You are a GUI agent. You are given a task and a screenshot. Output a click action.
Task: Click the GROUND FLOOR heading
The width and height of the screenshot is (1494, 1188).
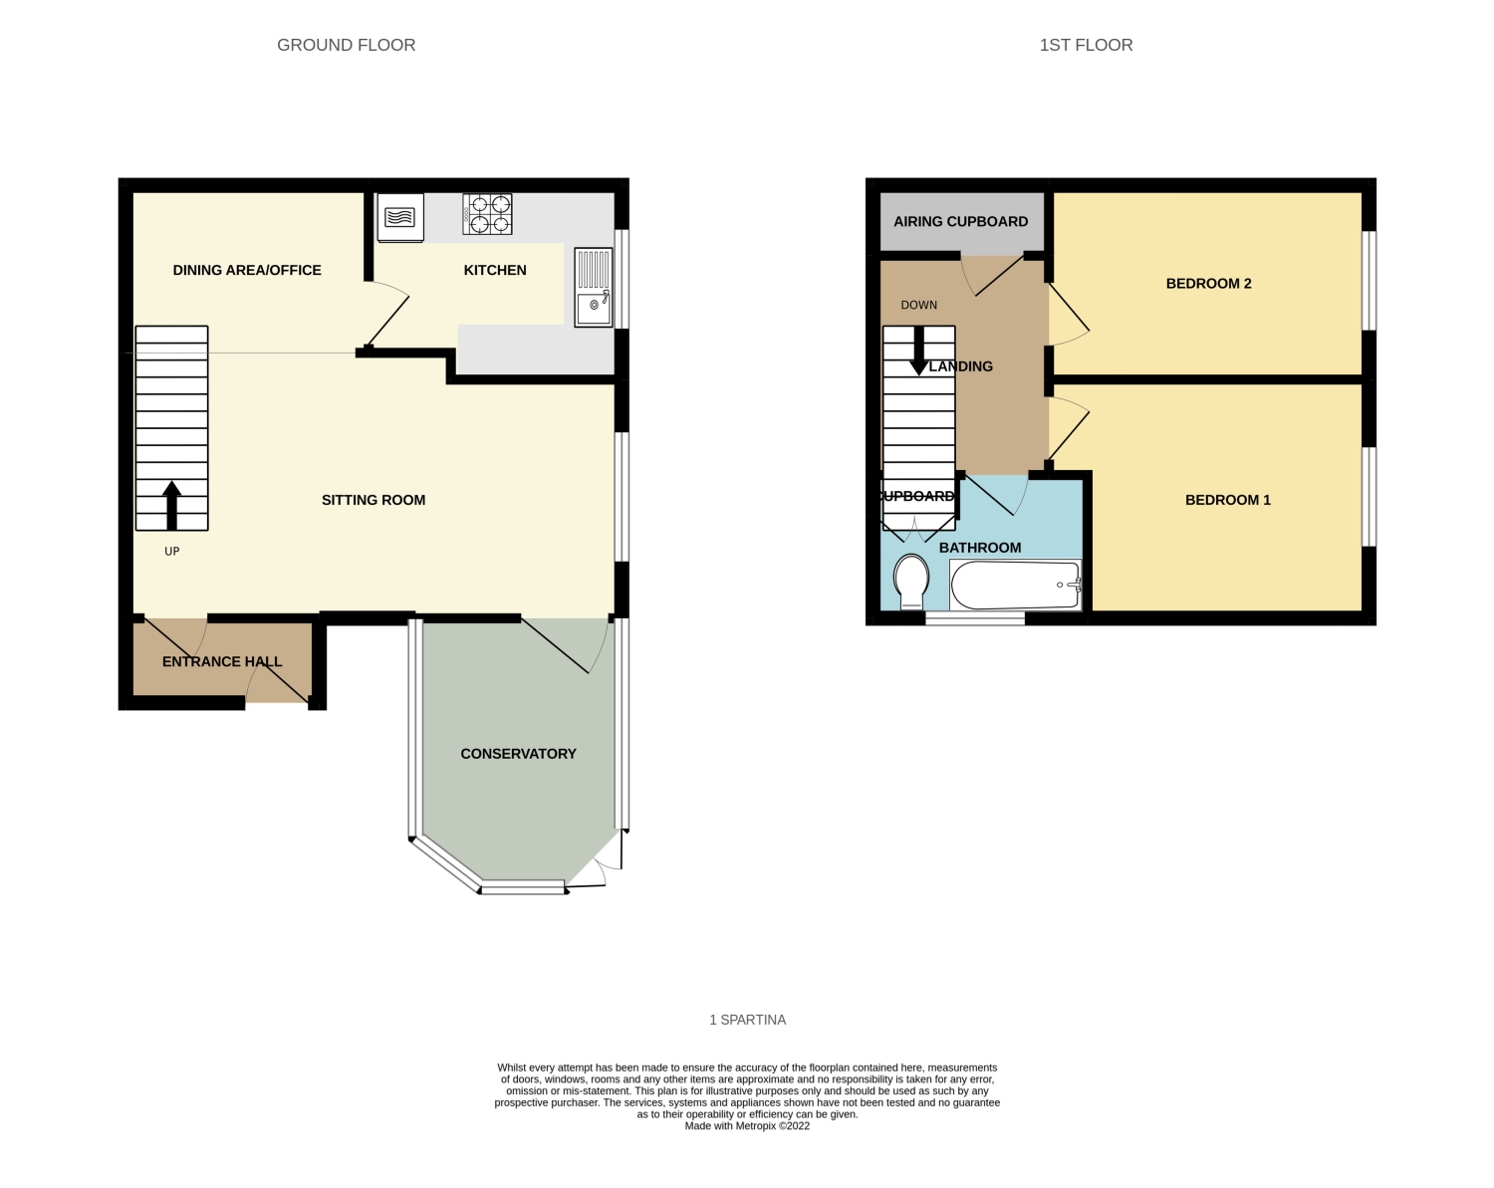coord(346,45)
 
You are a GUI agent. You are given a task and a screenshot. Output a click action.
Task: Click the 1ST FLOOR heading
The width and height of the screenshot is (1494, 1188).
coord(1086,45)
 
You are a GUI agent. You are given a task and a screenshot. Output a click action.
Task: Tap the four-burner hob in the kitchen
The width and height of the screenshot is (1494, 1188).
coord(487,214)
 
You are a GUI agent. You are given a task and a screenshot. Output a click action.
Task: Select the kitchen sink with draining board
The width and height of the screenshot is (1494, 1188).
coord(594,288)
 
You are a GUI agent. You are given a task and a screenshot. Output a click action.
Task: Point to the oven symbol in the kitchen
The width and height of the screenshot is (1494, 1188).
coord(400,217)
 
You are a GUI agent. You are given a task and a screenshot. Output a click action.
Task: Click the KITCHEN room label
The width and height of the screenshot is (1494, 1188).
coord(495,270)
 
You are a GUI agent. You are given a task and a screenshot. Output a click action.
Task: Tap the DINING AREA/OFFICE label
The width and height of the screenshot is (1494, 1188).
coord(247,270)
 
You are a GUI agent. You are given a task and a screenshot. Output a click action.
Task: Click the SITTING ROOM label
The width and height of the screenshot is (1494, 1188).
coord(373,500)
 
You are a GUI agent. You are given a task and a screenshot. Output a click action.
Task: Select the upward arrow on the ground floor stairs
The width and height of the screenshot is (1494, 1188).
coord(171,506)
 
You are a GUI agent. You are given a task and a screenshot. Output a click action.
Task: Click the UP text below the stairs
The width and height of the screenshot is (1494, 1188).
coord(172,552)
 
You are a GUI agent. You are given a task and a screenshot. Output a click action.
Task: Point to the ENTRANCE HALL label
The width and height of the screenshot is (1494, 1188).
coord(222,661)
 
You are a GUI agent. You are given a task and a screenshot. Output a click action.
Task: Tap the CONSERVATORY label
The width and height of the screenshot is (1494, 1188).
coord(519,754)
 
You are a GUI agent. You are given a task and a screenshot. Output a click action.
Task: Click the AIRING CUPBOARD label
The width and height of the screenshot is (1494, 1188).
coord(961,221)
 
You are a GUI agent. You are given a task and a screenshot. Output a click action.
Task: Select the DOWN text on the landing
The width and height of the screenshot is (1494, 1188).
coord(919,305)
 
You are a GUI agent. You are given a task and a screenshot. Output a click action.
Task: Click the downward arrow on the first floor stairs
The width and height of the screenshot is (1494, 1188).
coord(919,352)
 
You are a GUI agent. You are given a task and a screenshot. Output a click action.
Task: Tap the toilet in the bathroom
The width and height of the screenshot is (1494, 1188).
coord(911,582)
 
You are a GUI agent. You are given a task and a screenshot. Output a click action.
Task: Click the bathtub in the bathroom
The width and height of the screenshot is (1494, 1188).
coord(1016,586)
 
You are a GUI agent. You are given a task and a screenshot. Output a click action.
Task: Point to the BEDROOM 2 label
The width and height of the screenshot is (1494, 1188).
coord(1209,283)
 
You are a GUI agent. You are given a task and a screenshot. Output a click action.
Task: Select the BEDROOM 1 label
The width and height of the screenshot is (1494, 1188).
coord(1227,500)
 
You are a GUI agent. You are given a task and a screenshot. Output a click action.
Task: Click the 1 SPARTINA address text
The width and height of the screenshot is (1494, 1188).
coord(748,1020)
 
